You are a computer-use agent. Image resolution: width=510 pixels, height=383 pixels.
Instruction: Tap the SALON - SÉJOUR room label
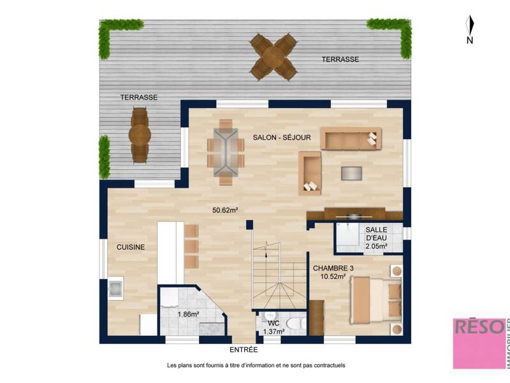coord(282,137)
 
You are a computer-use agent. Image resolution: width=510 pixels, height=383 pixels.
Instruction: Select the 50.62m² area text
coord(225,209)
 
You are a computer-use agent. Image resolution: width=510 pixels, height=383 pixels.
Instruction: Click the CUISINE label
coord(130,247)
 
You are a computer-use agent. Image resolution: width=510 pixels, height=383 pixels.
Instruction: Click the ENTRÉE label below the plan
coord(244,350)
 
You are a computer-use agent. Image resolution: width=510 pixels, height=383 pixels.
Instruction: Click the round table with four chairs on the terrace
coord(273,57)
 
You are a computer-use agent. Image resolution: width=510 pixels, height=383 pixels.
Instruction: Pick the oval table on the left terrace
coord(140,135)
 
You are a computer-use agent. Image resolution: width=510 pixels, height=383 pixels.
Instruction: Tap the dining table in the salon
coord(226,152)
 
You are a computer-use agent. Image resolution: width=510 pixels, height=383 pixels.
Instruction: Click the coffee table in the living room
coord(351,174)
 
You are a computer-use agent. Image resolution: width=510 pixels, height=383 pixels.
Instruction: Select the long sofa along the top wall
coord(350,138)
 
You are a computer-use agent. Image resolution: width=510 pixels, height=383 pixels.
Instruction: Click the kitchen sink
coord(116,289)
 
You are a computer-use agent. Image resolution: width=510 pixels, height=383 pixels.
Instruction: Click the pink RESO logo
coord(479,343)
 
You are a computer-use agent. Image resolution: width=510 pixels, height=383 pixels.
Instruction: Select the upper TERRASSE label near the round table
coord(340,59)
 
